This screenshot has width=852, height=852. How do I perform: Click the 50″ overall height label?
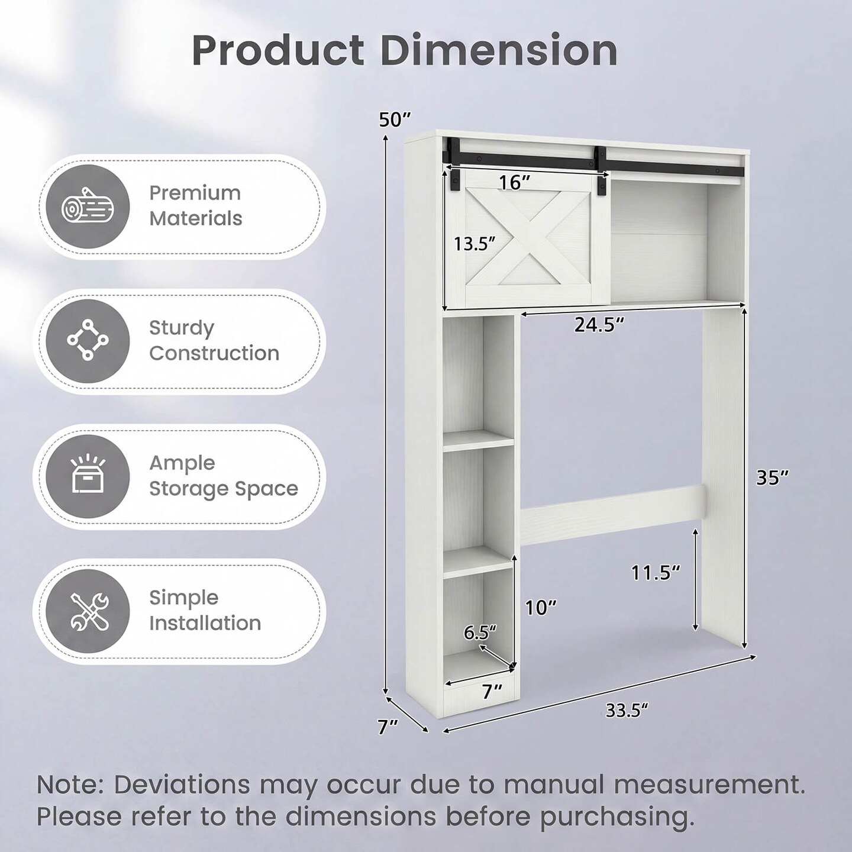(x=395, y=120)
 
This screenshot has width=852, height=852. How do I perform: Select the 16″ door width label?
(x=514, y=182)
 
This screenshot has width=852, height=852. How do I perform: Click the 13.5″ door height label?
(x=475, y=244)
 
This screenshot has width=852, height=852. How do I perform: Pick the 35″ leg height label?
(x=772, y=477)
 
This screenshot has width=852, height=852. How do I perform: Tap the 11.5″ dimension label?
(x=655, y=573)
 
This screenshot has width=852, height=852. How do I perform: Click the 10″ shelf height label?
(x=541, y=608)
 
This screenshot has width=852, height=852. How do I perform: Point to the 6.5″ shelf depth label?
(x=480, y=632)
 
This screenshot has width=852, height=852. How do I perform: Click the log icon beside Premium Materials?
(x=88, y=207)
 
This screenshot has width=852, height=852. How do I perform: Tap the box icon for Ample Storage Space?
(x=88, y=475)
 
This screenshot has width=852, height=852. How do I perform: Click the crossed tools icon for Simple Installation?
(x=88, y=611)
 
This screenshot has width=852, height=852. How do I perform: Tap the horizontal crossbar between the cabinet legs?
(x=612, y=512)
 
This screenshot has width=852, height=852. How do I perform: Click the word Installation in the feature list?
(x=205, y=623)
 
